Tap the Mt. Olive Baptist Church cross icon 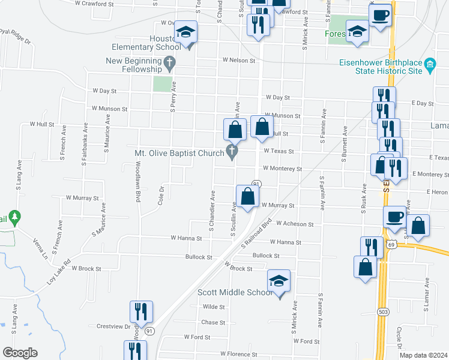point(232,152)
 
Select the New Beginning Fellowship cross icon point(170,61)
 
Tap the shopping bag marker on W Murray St point(247,196)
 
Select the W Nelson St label point(240,60)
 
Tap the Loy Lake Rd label point(59,271)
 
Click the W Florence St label point(238,355)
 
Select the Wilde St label point(214,307)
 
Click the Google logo point(20,353)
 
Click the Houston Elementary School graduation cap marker point(187,32)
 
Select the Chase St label point(213,322)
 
